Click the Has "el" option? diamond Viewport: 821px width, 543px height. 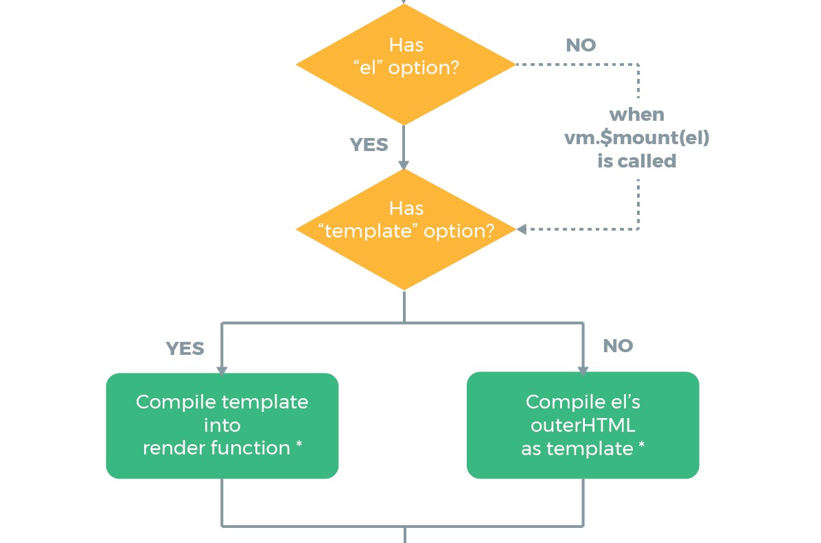coord(406,65)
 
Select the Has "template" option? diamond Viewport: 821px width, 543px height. coord(406,229)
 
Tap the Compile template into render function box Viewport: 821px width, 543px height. coord(222,425)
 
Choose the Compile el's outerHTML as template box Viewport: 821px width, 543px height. coord(583,425)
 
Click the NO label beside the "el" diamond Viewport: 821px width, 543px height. coord(581,45)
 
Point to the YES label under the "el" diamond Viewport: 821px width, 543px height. coord(369,145)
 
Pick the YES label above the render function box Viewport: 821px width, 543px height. coord(185,348)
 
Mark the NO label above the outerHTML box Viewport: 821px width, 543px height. coord(618,345)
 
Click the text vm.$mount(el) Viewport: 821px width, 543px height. coord(637,138)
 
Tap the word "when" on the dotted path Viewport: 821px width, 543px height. coord(637,114)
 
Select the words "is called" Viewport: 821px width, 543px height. coord(637,161)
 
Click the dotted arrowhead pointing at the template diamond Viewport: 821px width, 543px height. coord(522,229)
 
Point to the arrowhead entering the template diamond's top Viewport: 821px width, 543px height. coord(404,165)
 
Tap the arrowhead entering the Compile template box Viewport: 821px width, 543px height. coord(222,371)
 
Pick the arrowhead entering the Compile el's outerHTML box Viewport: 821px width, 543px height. coord(583,370)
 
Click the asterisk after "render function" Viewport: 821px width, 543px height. coord(299,445)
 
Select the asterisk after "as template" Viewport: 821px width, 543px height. coord(641,445)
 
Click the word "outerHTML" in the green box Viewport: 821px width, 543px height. coord(583,425)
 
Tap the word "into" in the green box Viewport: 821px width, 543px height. coord(222,425)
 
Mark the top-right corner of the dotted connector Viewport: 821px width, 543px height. coord(638,65)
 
